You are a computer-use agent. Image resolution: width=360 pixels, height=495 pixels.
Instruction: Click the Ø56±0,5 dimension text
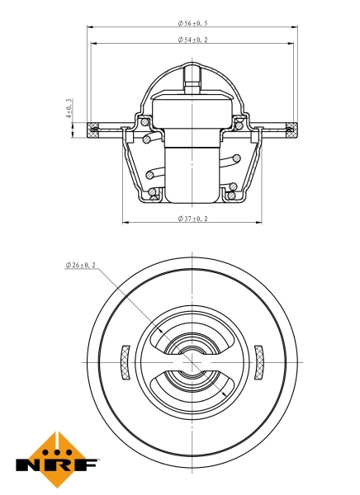pyautogui.click(x=192, y=24)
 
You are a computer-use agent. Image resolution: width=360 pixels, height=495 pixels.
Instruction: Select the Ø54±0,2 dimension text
pyautogui.click(x=192, y=40)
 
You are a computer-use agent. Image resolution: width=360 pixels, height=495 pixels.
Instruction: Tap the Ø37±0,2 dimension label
pyautogui.click(x=192, y=219)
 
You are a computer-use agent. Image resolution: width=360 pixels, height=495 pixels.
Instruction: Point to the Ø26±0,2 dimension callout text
pyautogui.click(x=81, y=266)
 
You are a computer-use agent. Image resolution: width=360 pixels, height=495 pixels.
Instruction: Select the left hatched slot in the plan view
pyautogui.click(x=125, y=363)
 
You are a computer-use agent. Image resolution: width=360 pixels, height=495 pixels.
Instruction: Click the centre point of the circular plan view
pyautogui.click(x=192, y=363)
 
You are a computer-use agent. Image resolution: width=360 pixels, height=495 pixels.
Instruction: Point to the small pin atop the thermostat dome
pyautogui.click(x=192, y=78)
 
